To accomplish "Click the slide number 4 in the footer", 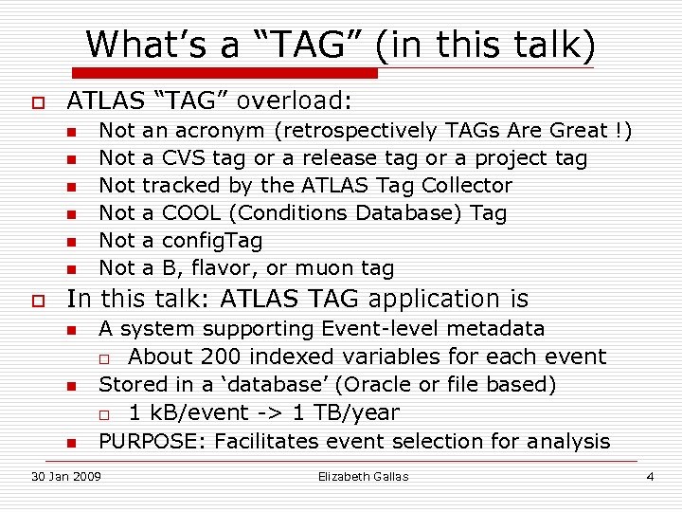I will [650, 476].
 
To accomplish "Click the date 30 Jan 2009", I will [64, 476].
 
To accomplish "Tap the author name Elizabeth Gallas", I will [364, 476].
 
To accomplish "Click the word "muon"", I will [326, 268].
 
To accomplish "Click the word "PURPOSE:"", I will [153, 441].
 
